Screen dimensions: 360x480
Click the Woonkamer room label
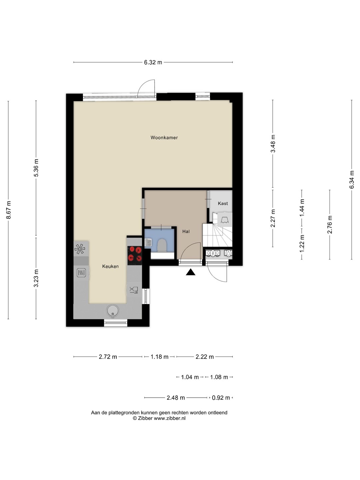point(164,138)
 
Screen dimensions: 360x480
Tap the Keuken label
point(110,266)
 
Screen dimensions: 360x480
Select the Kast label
point(223,203)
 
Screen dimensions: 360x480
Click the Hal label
point(186,231)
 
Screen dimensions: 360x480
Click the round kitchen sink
point(113,311)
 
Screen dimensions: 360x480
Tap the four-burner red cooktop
point(135,254)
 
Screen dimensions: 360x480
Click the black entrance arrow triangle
point(190,272)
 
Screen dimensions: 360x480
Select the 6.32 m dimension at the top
point(153,62)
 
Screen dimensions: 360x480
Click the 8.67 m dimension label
point(8,210)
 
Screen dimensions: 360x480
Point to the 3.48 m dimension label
point(273,144)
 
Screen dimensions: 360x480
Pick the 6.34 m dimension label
point(351,179)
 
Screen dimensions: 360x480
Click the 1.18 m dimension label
point(159,357)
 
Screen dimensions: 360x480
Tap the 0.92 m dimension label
point(221,398)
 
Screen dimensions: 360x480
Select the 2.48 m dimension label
point(176,398)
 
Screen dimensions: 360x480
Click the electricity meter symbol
point(212,253)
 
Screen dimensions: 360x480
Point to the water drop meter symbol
point(228,253)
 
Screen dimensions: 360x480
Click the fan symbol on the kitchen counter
point(80,249)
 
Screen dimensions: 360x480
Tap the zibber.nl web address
point(170,418)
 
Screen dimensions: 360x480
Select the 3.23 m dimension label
point(36,278)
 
